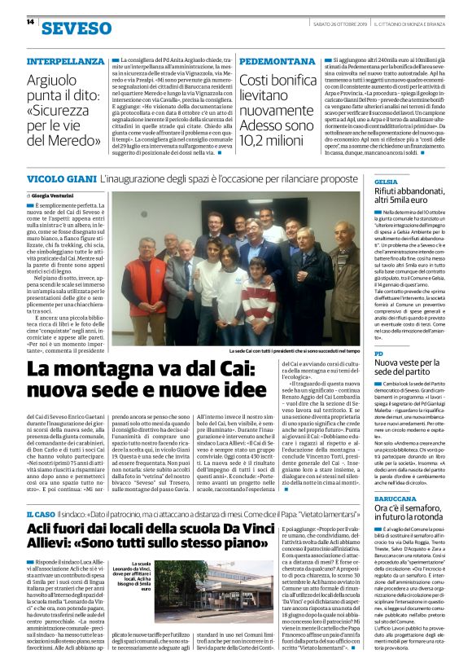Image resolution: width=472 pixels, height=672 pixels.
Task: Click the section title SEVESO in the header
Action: [65, 29]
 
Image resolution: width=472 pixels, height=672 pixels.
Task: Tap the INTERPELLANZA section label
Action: [65, 62]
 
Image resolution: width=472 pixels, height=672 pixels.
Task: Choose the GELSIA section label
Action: [386, 181]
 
